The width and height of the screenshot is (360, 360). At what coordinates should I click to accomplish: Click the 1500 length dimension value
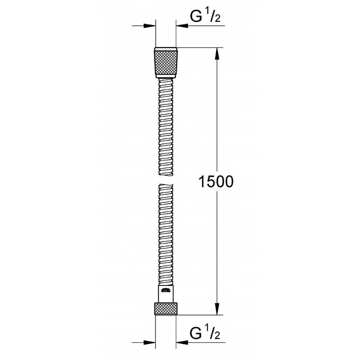coord(216,182)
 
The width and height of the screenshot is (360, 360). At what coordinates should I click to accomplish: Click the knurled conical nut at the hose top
coord(166,62)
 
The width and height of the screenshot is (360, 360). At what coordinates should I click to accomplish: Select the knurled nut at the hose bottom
coord(166,308)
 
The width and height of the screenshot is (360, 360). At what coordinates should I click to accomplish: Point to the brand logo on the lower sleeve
coord(166,291)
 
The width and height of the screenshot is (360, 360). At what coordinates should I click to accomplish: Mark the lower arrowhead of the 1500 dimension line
coord(217,309)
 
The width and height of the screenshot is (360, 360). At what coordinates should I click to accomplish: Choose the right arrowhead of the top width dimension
coord(182,25)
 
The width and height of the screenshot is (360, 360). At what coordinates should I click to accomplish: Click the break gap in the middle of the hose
coord(166,180)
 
